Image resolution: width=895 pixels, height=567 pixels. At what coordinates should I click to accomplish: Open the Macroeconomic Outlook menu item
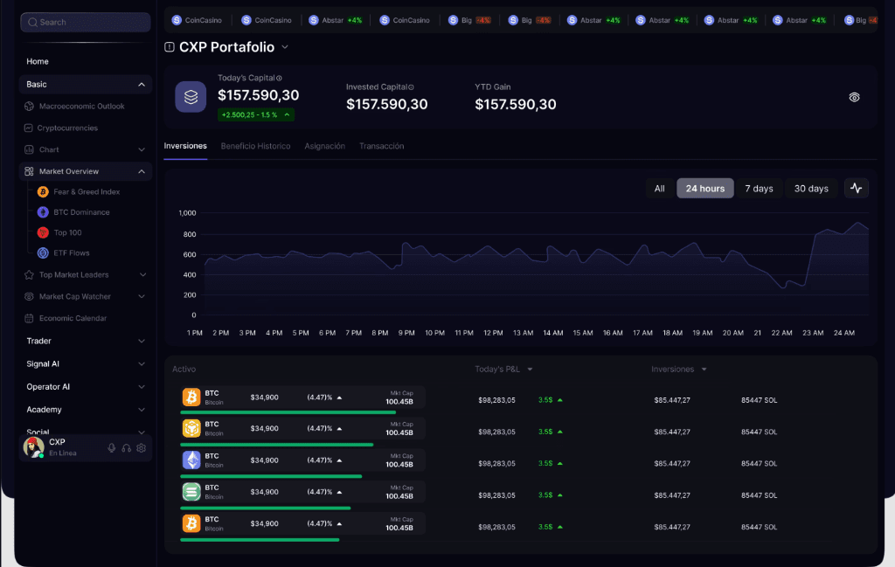click(81, 107)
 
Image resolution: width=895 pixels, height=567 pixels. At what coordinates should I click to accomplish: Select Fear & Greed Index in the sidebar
click(87, 192)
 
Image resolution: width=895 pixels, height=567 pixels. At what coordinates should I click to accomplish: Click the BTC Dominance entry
click(81, 212)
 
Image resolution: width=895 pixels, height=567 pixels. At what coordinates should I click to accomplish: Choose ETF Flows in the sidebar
click(72, 253)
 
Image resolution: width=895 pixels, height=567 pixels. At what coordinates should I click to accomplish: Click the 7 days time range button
click(759, 189)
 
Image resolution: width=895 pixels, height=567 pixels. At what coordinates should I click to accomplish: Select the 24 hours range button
click(704, 189)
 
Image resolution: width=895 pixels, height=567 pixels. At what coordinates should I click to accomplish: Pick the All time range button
click(659, 189)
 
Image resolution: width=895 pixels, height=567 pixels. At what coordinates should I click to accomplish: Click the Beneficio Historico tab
click(255, 146)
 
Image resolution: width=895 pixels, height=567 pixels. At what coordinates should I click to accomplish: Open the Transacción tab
click(381, 146)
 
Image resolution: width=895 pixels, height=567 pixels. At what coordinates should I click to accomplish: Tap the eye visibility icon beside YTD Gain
click(854, 97)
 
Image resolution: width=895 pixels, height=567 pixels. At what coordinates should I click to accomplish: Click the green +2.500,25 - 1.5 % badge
click(255, 114)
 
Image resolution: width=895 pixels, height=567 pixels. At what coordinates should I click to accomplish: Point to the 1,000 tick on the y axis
click(187, 213)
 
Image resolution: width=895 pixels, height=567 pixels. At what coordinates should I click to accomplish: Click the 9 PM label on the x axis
click(406, 333)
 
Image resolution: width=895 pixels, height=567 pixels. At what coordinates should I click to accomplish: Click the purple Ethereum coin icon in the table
click(191, 460)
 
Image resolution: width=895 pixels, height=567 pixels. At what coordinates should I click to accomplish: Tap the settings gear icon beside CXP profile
click(142, 448)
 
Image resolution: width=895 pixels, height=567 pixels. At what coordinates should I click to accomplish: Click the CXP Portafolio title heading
click(226, 47)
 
